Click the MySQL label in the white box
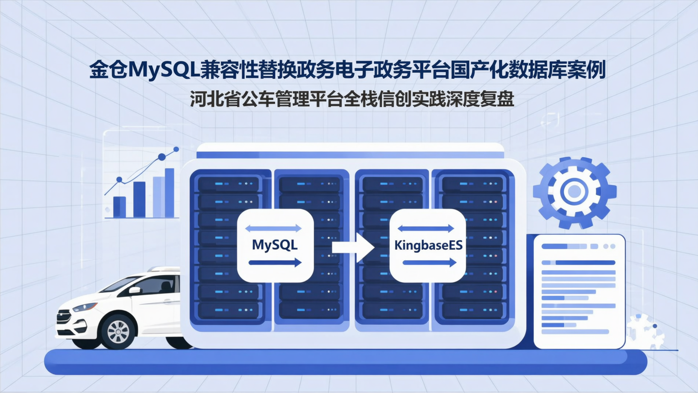pyautogui.click(x=274, y=245)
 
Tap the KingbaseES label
pyautogui.click(x=428, y=246)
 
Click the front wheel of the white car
pyautogui.click(x=118, y=331)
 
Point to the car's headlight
pyautogui.click(x=85, y=307)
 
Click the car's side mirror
pyautogui.click(x=134, y=290)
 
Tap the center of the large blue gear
pyautogui.click(x=574, y=192)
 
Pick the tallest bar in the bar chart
pyautogui.click(x=169, y=193)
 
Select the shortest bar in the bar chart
pyautogui.click(x=119, y=207)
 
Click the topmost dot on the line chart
pyautogui.click(x=176, y=149)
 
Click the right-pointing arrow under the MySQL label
pyautogui.click(x=275, y=262)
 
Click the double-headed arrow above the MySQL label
pyautogui.click(x=274, y=228)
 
